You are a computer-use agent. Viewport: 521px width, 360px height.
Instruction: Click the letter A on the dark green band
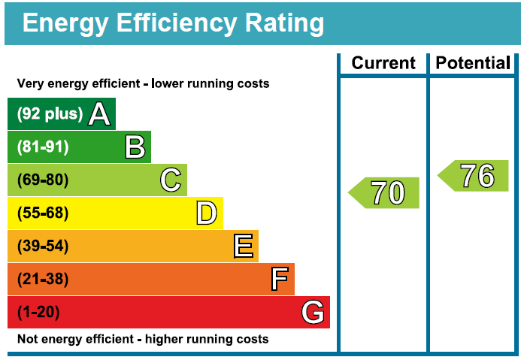(x=99, y=114)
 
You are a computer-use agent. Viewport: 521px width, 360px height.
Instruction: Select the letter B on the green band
(x=135, y=147)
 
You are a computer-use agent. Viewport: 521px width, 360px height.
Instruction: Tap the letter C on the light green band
(x=171, y=180)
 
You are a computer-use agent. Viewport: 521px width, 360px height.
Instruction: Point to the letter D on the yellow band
(x=206, y=213)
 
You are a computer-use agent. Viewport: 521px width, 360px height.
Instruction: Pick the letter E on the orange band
(x=243, y=247)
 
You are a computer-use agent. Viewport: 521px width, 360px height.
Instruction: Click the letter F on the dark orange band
(x=279, y=280)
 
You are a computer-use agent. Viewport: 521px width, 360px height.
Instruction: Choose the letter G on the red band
(x=313, y=313)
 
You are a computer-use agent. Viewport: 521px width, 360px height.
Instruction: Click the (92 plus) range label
(x=50, y=114)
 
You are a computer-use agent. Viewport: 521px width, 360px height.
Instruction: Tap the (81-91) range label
(x=43, y=147)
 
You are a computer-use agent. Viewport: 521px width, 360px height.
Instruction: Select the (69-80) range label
(x=43, y=180)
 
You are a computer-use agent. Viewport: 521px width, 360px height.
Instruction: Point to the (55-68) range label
(x=43, y=213)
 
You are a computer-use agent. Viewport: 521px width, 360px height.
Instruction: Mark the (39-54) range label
(x=43, y=247)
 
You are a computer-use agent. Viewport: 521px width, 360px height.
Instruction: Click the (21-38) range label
(x=43, y=280)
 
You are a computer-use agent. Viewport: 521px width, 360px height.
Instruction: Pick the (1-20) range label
(x=38, y=313)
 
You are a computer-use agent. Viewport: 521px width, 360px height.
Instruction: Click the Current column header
(x=383, y=63)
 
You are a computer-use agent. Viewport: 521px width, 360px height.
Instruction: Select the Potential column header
(x=474, y=63)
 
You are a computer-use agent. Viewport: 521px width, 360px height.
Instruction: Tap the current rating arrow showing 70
(x=385, y=193)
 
